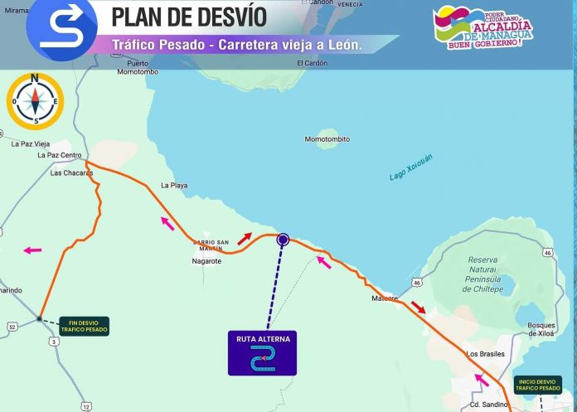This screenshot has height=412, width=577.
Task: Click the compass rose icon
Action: pyautogui.click(x=34, y=101)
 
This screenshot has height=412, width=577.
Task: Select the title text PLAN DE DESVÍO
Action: pyautogui.click(x=189, y=16)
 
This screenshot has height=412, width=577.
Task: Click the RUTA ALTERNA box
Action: pyautogui.click(x=262, y=352)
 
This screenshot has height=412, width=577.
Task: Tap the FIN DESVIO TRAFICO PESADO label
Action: pyautogui.click(x=84, y=326)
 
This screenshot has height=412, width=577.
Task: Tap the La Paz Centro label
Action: pyautogui.click(x=60, y=155)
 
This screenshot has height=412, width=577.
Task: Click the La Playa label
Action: pyautogui.click(x=174, y=185)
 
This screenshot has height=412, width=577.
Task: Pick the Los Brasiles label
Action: pyautogui.click(x=485, y=354)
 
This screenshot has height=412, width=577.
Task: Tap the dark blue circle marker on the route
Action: pyautogui.click(x=283, y=239)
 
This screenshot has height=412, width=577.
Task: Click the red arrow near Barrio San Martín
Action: pyautogui.click(x=245, y=238)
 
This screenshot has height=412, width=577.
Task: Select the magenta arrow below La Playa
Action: pyautogui.click(x=168, y=222)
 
